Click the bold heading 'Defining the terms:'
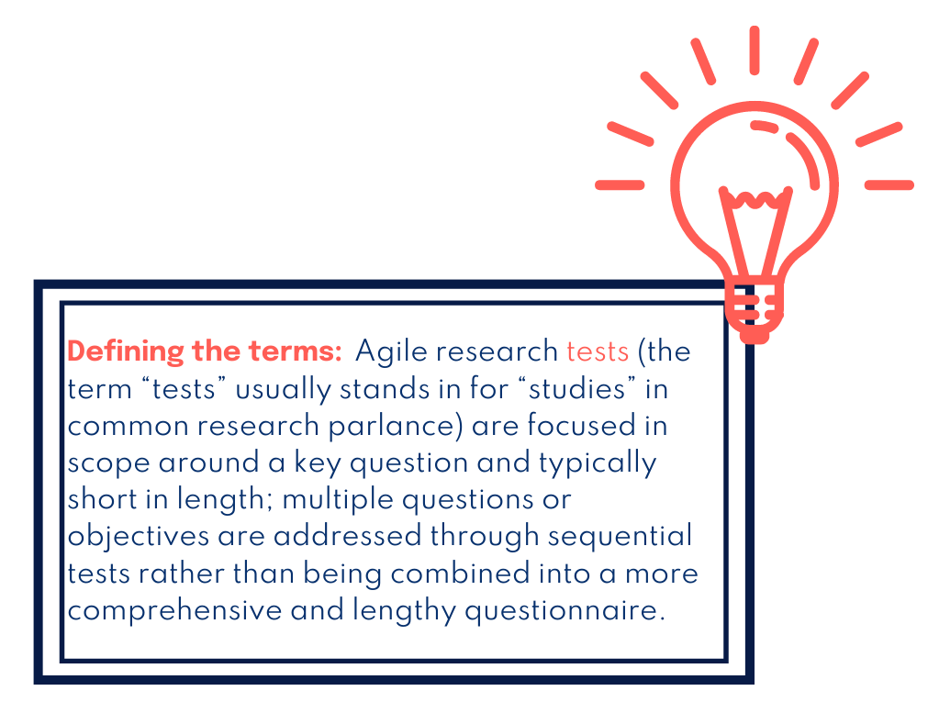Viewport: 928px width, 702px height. tap(205, 351)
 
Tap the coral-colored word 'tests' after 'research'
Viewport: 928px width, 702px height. tap(597, 351)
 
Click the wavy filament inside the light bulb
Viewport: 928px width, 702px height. tap(755, 196)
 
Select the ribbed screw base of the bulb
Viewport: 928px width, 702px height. tap(755, 307)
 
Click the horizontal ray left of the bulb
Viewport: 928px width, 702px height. tap(620, 184)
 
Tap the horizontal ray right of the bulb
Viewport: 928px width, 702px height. tap(889, 184)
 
